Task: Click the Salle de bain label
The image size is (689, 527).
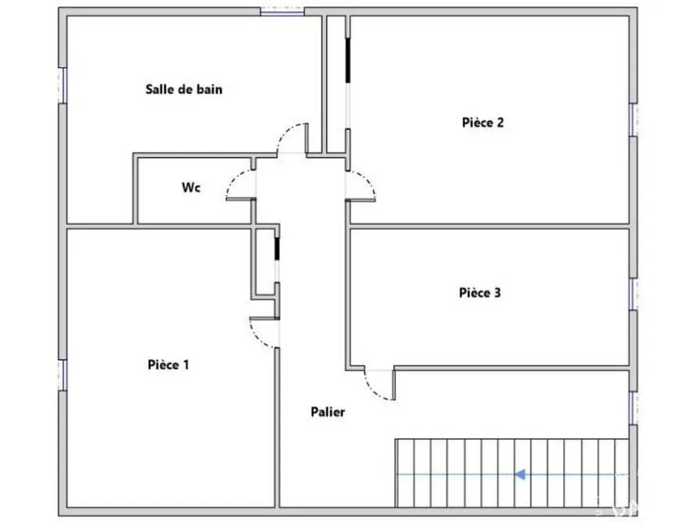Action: pyautogui.click(x=183, y=89)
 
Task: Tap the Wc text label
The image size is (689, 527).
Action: pyautogui.click(x=191, y=187)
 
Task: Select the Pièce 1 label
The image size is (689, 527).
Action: pyautogui.click(x=169, y=365)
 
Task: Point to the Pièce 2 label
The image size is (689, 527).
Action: pyautogui.click(x=482, y=123)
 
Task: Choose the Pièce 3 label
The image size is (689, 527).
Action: pyautogui.click(x=480, y=293)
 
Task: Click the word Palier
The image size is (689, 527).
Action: pyautogui.click(x=328, y=412)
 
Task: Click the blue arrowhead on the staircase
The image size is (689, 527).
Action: pyautogui.click(x=520, y=475)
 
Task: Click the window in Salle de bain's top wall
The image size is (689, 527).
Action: pyautogui.click(x=282, y=12)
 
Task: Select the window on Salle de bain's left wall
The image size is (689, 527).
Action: pyautogui.click(x=63, y=85)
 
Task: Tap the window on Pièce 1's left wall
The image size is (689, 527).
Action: pyautogui.click(x=63, y=375)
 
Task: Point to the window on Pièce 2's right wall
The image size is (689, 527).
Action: pyautogui.click(x=633, y=119)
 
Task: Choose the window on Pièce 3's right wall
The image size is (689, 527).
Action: pyautogui.click(x=633, y=294)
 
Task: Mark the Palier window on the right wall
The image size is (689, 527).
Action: pyautogui.click(x=633, y=408)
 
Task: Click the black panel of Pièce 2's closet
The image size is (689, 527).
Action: pyautogui.click(x=348, y=60)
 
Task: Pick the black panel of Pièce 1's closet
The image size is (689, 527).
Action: pyautogui.click(x=277, y=249)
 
